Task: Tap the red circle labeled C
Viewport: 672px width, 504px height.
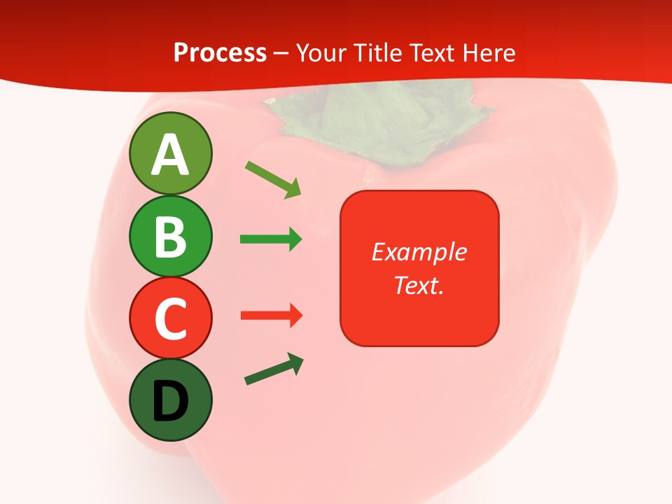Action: (x=170, y=318)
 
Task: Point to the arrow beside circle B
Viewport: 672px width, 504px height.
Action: (x=271, y=239)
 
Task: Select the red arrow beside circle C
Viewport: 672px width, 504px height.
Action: (x=271, y=316)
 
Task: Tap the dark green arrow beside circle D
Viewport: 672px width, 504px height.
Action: (x=274, y=369)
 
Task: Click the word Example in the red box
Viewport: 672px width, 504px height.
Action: (x=419, y=252)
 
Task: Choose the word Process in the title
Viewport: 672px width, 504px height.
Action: (x=220, y=52)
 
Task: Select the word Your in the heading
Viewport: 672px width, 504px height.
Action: (x=321, y=52)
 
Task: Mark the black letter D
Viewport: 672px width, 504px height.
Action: (x=170, y=402)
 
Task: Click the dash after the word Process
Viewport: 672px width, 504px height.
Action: (x=281, y=53)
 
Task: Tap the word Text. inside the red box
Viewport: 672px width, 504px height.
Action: (x=419, y=286)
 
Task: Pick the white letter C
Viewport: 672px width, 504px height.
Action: (x=170, y=319)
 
